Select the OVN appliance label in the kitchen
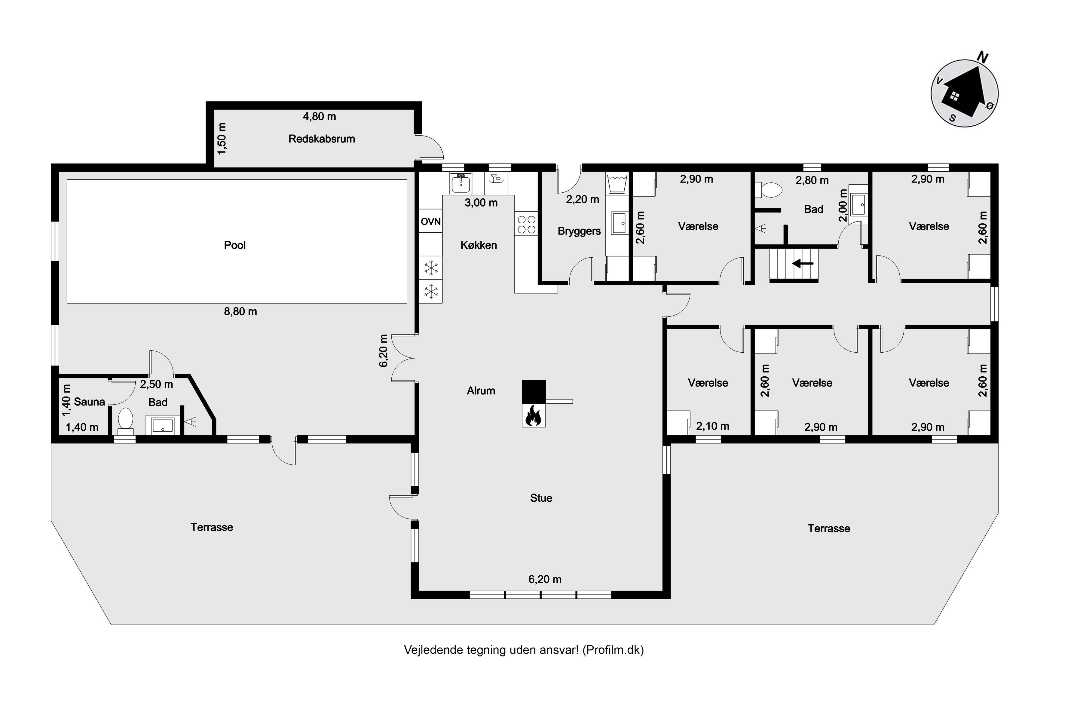[431, 222]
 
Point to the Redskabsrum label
[322, 139]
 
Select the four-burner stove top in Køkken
[526, 225]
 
